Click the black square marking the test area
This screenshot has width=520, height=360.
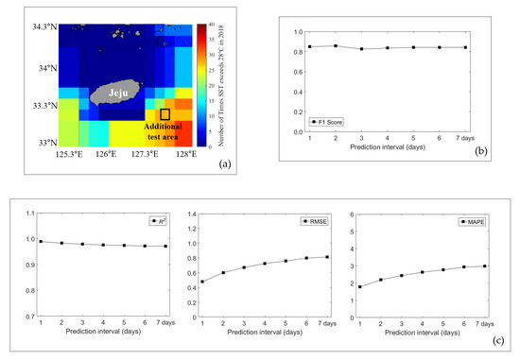tap(165, 113)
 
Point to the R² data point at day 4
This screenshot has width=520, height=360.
tap(103, 245)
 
